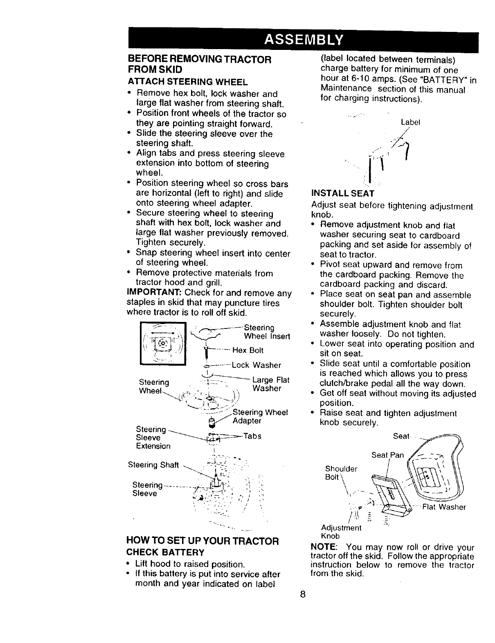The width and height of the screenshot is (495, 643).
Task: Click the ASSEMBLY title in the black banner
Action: click(x=303, y=40)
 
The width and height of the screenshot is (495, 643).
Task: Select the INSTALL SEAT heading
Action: click(x=343, y=193)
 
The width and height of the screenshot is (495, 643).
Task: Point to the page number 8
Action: click(x=303, y=594)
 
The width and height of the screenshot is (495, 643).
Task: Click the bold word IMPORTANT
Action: click(x=154, y=293)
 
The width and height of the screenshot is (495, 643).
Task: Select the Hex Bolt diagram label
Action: click(x=248, y=350)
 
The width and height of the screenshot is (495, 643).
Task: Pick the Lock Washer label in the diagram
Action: click(x=256, y=365)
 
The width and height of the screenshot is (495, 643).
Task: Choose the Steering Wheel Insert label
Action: click(x=267, y=332)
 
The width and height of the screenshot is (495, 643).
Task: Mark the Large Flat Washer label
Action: click(x=270, y=384)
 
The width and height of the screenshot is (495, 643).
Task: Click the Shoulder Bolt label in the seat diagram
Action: click(x=341, y=472)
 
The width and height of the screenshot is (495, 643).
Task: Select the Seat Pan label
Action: click(x=387, y=455)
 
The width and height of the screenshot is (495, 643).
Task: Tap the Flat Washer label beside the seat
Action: click(x=443, y=507)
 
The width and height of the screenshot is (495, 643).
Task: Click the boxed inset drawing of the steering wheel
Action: click(x=163, y=344)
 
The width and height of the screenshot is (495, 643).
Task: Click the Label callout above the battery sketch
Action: click(x=410, y=122)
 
